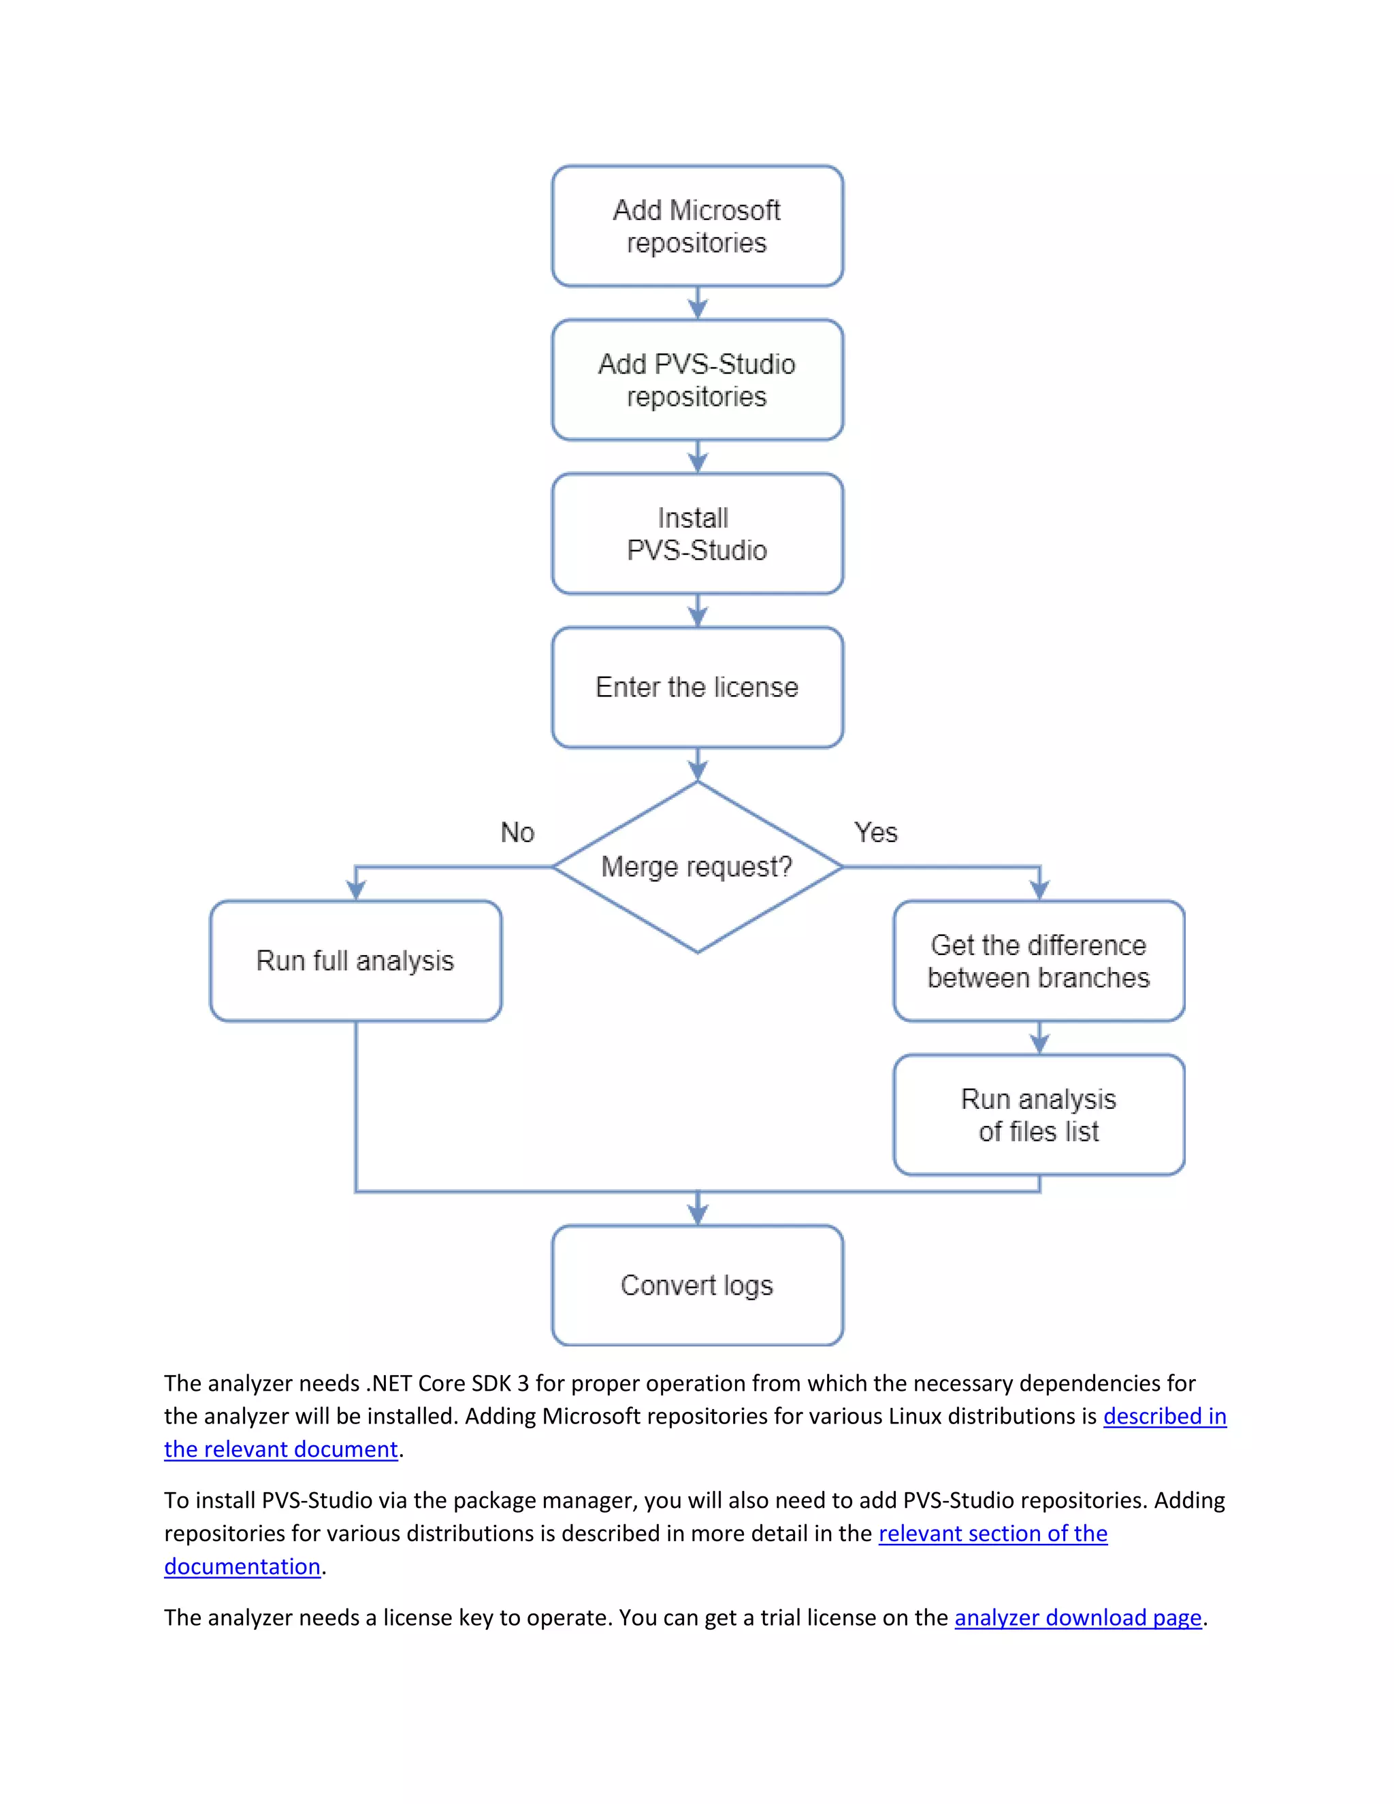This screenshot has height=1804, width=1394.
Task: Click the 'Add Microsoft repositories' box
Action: click(x=697, y=226)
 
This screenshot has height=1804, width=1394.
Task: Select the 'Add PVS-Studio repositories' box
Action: click(x=697, y=380)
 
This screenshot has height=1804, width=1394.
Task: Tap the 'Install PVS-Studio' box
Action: click(x=697, y=534)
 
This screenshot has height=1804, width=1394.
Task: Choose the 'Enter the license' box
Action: click(x=697, y=688)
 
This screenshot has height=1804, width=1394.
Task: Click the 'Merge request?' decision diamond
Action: click(x=697, y=867)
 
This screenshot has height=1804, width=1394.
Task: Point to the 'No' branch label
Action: click(x=518, y=833)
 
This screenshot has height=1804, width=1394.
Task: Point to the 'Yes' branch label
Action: click(x=875, y=833)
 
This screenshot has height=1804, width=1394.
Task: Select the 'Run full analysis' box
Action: click(x=355, y=961)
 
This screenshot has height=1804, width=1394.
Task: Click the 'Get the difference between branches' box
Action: click(x=1039, y=961)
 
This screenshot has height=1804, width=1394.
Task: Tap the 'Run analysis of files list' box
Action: click(x=1039, y=1114)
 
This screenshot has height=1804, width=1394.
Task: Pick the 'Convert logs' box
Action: click(x=697, y=1285)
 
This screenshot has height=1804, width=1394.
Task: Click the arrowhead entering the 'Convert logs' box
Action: click(x=698, y=1214)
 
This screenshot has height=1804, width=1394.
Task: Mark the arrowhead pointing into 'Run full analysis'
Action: click(x=356, y=890)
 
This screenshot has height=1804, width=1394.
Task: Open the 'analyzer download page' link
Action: click(x=1077, y=1617)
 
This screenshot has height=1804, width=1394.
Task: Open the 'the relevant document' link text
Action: click(x=281, y=1449)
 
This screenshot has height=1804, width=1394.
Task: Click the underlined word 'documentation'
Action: click(x=242, y=1566)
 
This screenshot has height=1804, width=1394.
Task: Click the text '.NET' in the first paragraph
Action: click(x=388, y=1383)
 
